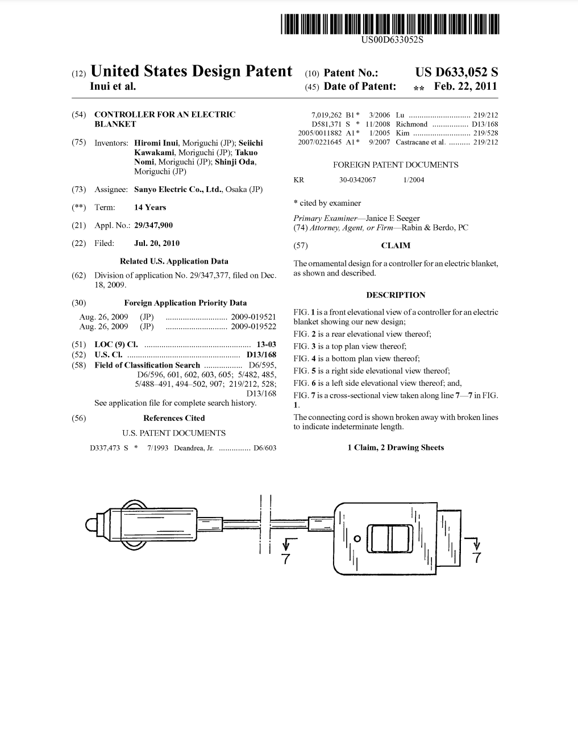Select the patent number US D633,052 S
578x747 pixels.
456,72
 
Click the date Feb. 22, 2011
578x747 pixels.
465,86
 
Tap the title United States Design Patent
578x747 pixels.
191,72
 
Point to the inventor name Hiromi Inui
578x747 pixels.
155,143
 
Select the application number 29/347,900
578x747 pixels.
153,226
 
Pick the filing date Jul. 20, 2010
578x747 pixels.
157,243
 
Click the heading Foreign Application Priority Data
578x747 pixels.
185,303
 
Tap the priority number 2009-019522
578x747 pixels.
253,326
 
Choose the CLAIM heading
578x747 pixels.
396,245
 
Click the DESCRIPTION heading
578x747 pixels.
396,295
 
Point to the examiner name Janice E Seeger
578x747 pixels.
393,218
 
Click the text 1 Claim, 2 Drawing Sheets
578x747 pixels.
396,448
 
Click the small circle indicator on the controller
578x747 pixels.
357,538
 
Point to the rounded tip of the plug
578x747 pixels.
89,525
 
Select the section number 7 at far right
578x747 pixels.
476,558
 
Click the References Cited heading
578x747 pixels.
174,418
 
